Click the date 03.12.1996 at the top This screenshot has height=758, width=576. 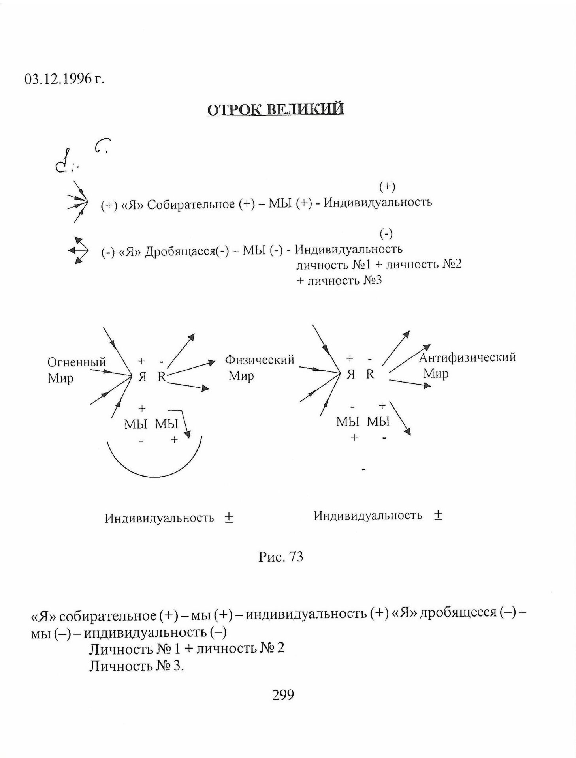pyautogui.click(x=64, y=79)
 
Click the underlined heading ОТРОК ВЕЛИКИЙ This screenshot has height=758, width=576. pyautogui.click(x=275, y=109)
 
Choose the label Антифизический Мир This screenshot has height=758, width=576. pyautogui.click(x=467, y=365)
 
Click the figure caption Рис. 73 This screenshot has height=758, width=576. pyautogui.click(x=280, y=557)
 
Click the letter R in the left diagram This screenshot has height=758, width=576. pyautogui.click(x=162, y=377)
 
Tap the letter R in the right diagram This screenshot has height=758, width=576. pyautogui.click(x=370, y=374)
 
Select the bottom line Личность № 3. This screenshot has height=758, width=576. pyautogui.click(x=137, y=666)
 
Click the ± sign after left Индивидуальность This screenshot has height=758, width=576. pyautogui.click(x=229, y=518)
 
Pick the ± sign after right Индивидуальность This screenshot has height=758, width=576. pyautogui.click(x=438, y=515)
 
